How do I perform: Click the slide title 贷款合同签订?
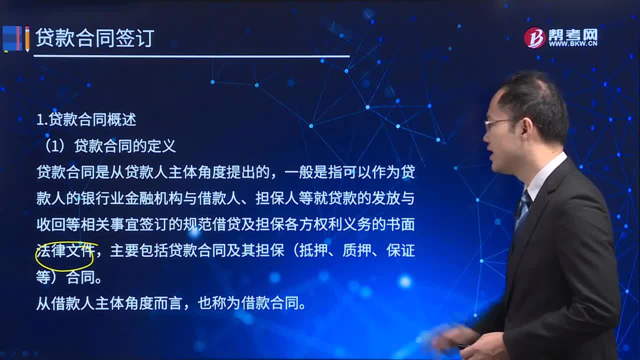pos(95,38)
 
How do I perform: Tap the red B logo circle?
pos(534,38)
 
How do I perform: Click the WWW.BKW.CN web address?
pos(573,43)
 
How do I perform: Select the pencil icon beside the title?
pos(27,39)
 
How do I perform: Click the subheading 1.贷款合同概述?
pos(86,119)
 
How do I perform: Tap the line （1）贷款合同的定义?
pos(109,146)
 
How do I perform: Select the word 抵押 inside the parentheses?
pos(313,250)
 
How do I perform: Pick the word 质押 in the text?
pos(357,250)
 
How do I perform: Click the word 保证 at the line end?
pos(400,250)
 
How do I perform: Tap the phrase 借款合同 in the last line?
pos(270,303)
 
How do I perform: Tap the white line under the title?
pos(191,56)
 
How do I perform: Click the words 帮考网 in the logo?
pos(573,34)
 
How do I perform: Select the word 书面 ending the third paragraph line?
pos(400,224)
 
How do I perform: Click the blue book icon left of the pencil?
pos(12,39)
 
